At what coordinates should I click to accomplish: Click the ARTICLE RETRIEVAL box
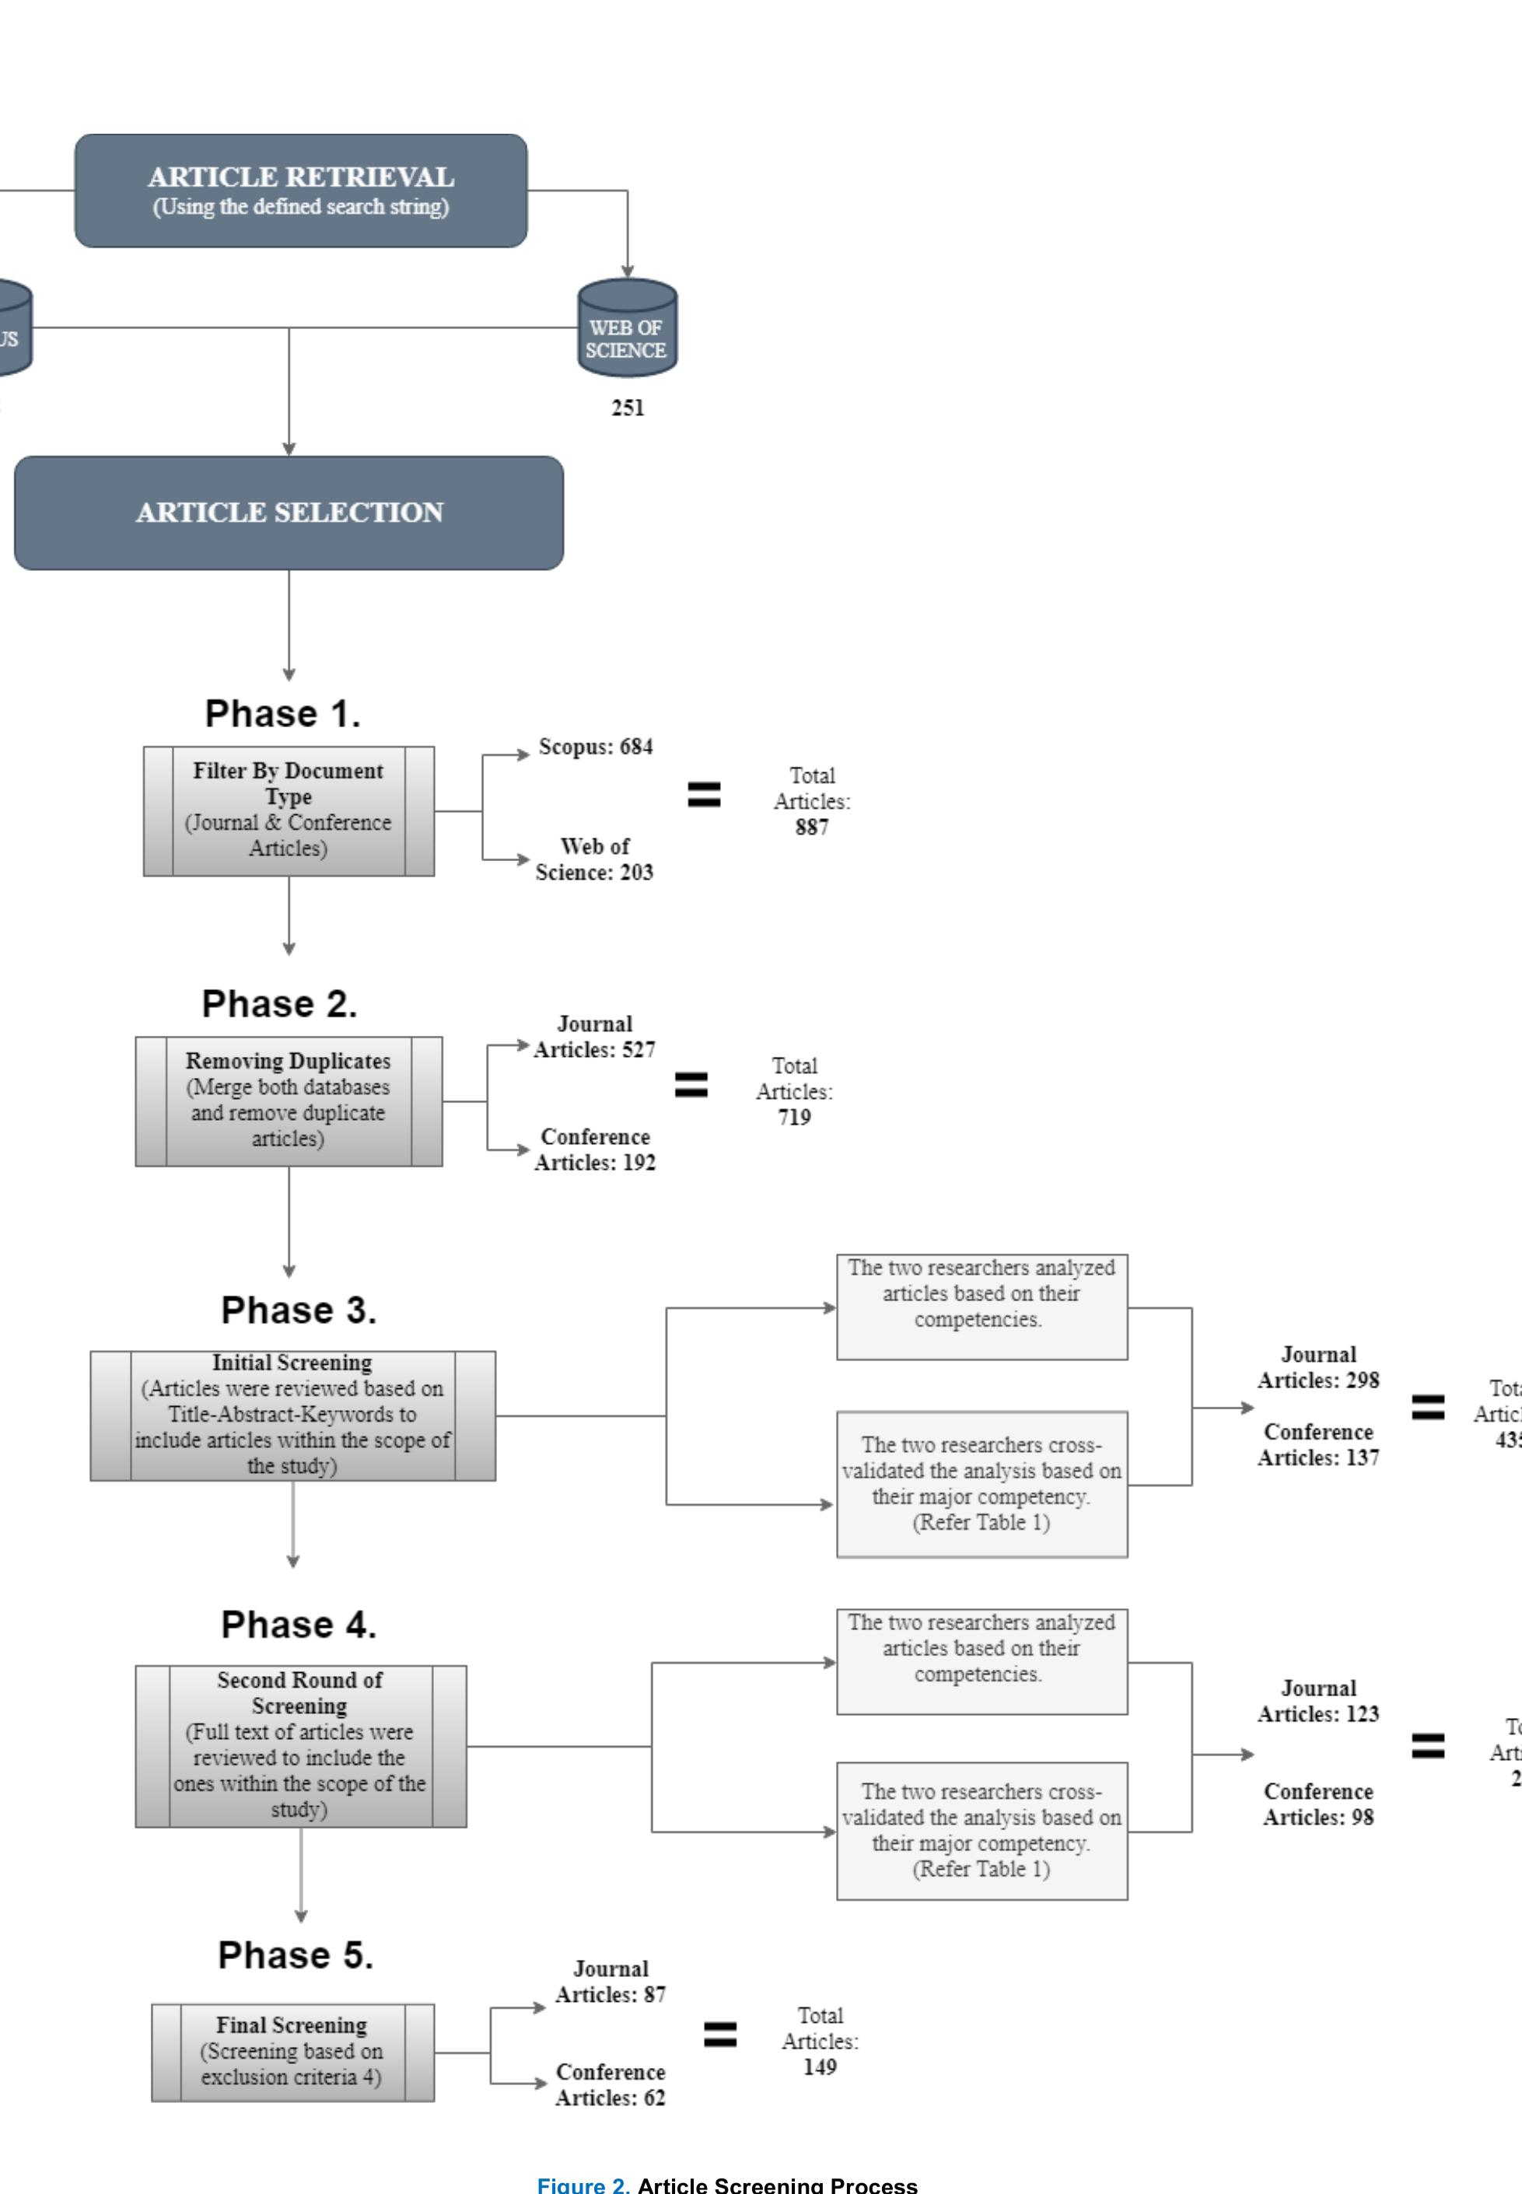(300, 191)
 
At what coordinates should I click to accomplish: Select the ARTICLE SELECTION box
(289, 513)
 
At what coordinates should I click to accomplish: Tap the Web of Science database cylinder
(627, 329)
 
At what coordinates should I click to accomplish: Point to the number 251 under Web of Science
(628, 408)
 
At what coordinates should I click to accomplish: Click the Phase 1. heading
(283, 714)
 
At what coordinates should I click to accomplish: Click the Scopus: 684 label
(595, 747)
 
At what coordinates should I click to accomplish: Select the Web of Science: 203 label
(594, 859)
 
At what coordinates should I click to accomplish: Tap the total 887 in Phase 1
(811, 828)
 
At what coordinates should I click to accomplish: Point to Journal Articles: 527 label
(594, 1038)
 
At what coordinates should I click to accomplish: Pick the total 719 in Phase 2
(793, 1118)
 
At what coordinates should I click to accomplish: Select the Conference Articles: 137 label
(1318, 1444)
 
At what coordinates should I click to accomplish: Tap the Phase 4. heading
(299, 1625)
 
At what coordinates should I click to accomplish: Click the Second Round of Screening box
(300, 1746)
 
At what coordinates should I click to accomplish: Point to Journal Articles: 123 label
(1318, 1701)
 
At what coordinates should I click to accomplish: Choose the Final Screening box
(292, 2052)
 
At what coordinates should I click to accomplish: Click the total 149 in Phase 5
(819, 2067)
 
